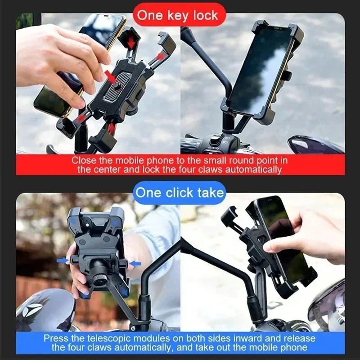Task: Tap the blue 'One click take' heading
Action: click(x=180, y=193)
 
